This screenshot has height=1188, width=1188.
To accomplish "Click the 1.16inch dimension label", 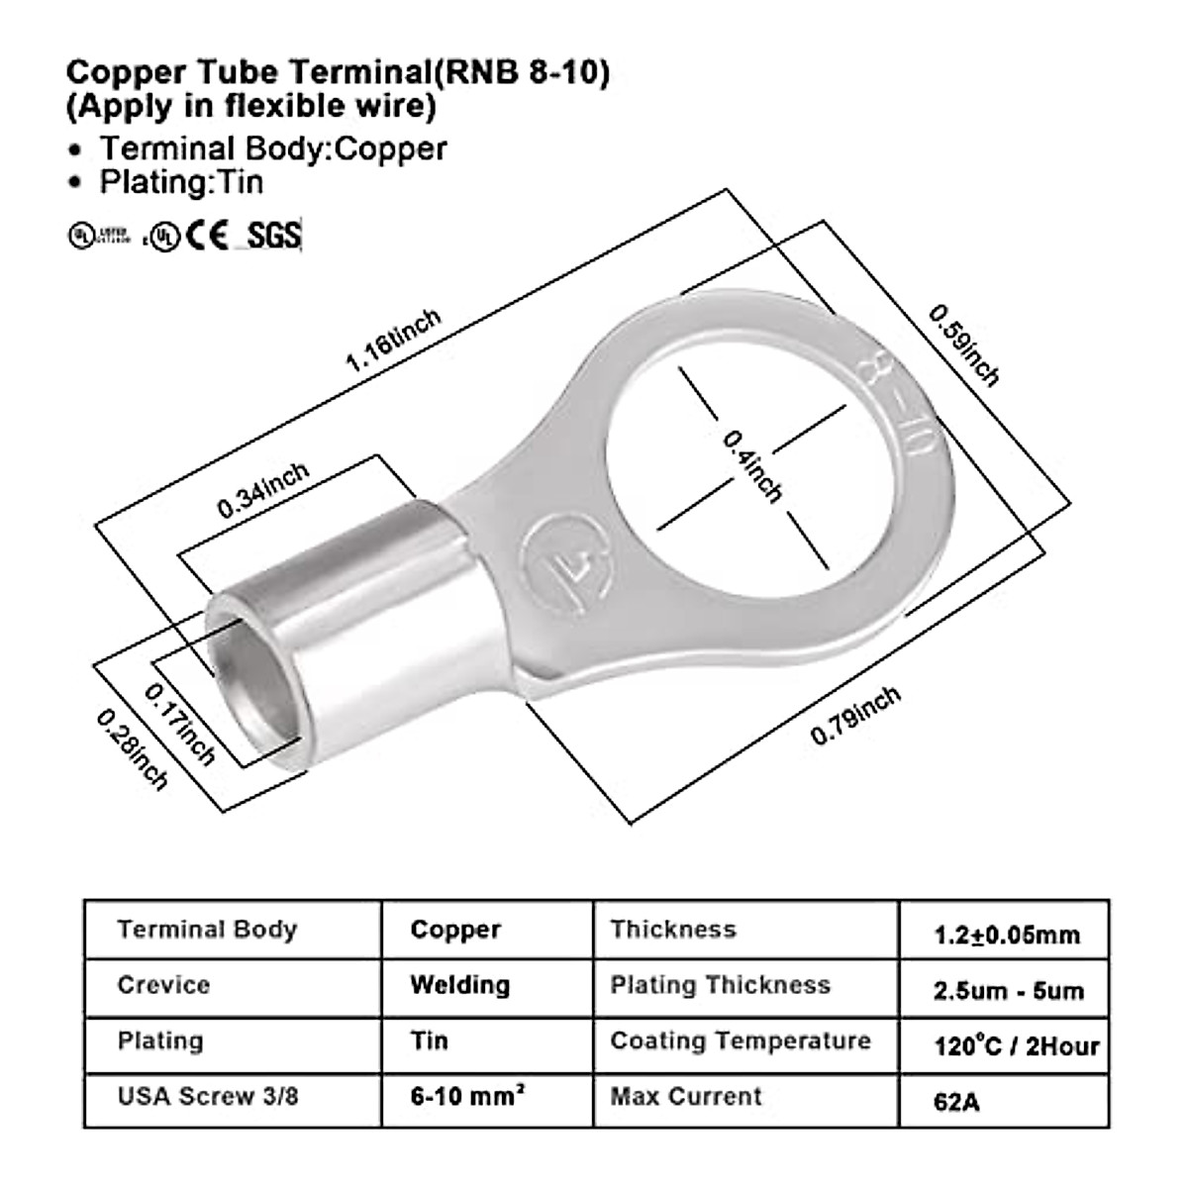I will click(392, 341).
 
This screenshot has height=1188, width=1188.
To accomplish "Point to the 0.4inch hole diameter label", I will click(752, 465).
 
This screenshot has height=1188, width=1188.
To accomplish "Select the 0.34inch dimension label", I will click(263, 489).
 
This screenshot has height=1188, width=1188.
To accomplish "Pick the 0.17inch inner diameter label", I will click(180, 724).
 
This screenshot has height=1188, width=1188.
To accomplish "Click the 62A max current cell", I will click(955, 1100).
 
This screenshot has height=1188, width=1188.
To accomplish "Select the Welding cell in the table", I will click(460, 985).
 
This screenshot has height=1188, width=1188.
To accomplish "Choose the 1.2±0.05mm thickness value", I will click(1006, 934).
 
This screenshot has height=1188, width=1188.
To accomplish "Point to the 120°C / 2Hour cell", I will click(1016, 1045).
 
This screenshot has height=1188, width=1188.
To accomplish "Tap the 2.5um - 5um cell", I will click(1008, 990).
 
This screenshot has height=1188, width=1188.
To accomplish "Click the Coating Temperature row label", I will click(741, 1041).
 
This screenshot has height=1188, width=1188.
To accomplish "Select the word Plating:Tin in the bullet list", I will click(181, 182).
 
